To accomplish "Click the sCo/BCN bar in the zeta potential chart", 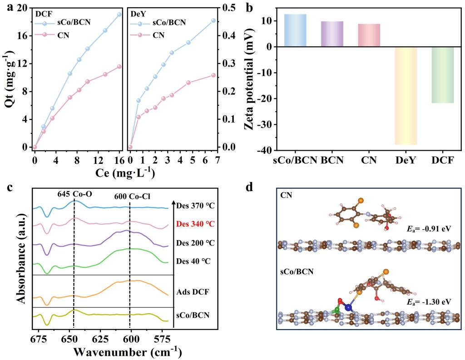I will [x=295, y=30].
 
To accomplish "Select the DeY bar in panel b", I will [x=406, y=95].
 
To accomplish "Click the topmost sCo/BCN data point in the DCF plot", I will [x=119, y=15].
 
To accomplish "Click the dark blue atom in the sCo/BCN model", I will [x=349, y=307].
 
